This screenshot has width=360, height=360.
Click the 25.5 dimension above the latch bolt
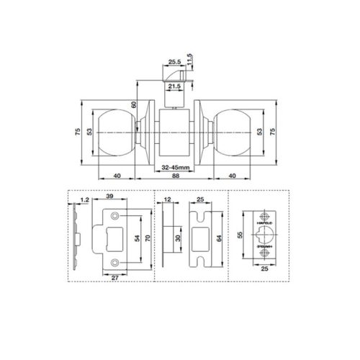pyautogui.click(x=174, y=62)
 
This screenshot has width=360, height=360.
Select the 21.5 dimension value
pyautogui.click(x=174, y=86)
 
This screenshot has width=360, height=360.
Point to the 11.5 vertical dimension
pyautogui.click(x=190, y=57)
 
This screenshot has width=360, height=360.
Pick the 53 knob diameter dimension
pyautogui.click(x=90, y=132)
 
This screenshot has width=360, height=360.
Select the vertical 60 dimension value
pyautogui.click(x=133, y=106)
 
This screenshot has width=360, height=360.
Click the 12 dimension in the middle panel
pyautogui.click(x=167, y=202)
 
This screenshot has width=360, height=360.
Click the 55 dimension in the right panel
pyautogui.click(x=238, y=236)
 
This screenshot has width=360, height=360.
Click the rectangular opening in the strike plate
pyautogui.click(x=116, y=238)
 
